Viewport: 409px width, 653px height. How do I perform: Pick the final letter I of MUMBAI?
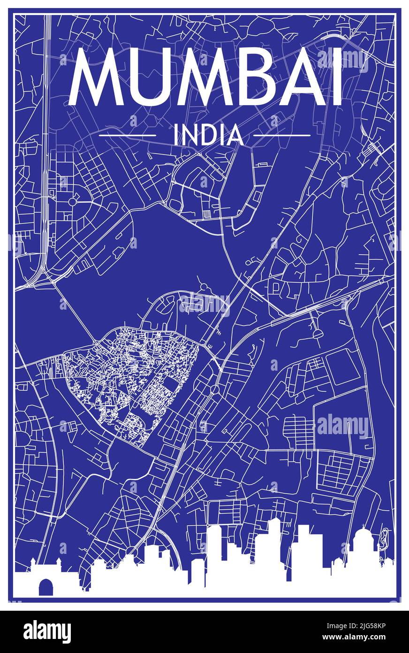336,77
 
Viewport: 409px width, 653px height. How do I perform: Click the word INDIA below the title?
208,135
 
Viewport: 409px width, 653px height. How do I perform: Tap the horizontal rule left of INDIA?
128,135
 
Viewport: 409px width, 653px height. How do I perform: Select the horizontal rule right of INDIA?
282,135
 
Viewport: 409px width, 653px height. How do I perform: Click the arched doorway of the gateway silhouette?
45,587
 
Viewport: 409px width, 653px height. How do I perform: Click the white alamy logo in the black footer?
47,632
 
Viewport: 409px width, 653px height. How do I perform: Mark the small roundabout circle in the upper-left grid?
72,202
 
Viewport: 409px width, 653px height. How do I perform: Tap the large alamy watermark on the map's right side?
343,427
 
